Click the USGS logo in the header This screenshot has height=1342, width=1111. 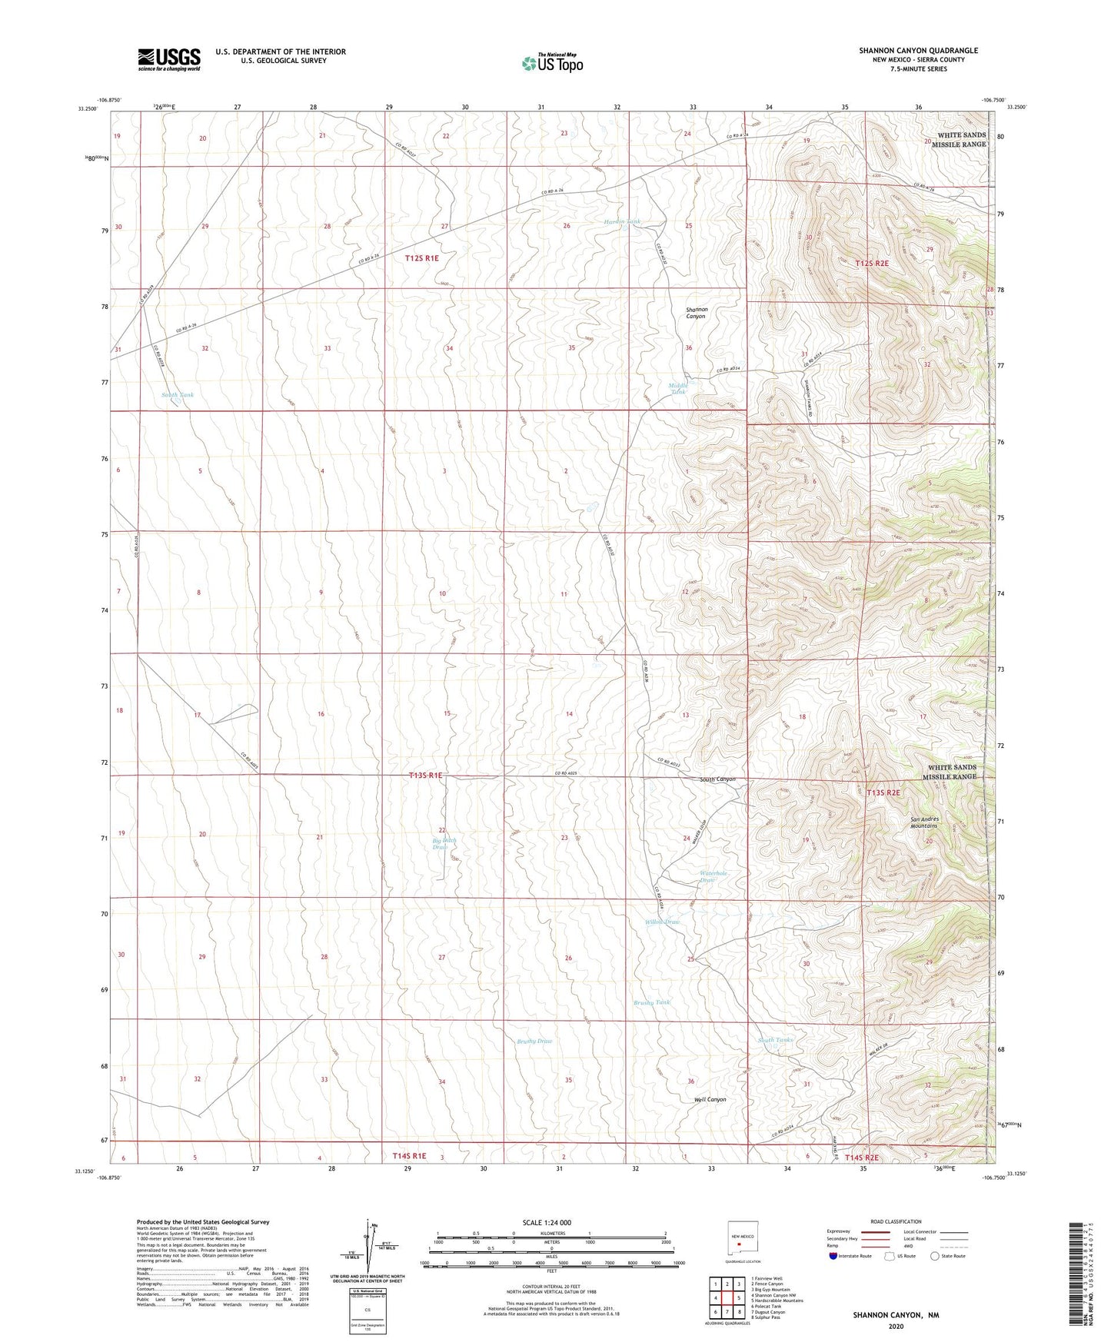point(169,59)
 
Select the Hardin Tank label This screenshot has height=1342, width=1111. point(622,221)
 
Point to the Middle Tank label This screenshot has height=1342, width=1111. point(677,388)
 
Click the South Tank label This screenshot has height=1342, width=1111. point(178,395)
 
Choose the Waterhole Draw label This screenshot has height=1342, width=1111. point(713,876)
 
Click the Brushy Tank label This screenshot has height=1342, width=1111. point(652,1002)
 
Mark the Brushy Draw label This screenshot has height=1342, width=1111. point(534,1041)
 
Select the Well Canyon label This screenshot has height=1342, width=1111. point(710,1099)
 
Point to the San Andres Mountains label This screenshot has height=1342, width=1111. point(925,822)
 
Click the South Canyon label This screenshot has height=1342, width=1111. point(717,779)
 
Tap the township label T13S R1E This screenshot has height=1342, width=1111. point(425,776)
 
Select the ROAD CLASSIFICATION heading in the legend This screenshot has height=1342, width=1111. point(896,1221)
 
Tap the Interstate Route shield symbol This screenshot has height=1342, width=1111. point(833,1257)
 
